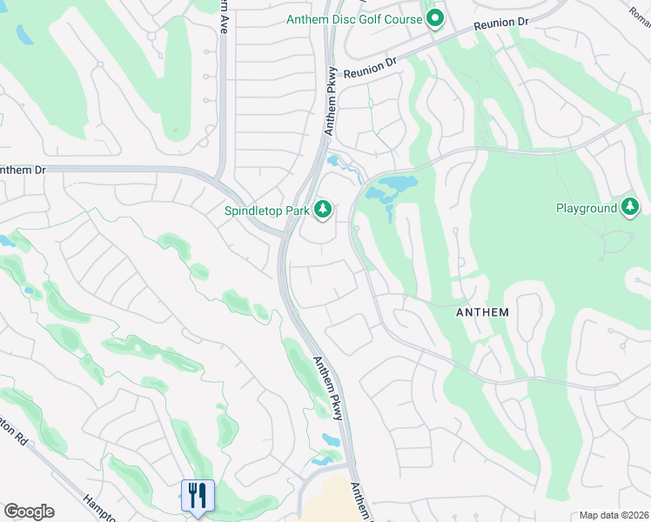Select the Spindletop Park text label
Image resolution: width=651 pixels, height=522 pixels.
point(266,210)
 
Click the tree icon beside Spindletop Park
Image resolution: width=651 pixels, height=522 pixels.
point(323,209)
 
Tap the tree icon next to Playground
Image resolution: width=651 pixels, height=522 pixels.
point(630,207)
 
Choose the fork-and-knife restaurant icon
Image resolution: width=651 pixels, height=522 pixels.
point(197,496)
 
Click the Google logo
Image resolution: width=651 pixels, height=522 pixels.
point(29,512)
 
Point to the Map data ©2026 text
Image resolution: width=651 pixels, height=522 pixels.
point(614,515)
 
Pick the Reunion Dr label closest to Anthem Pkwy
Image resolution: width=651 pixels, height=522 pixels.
point(370,67)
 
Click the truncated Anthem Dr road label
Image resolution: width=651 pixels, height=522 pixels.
point(23,170)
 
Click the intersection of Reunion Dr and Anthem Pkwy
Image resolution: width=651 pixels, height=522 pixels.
point(333,80)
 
